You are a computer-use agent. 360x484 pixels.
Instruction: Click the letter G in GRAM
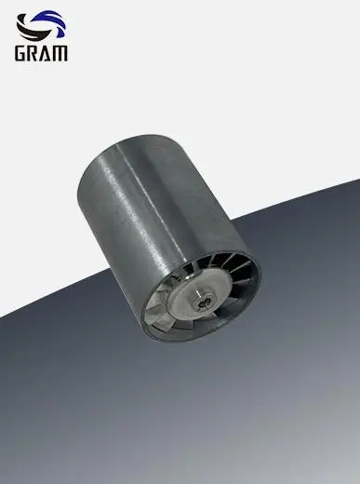[x=21, y=53]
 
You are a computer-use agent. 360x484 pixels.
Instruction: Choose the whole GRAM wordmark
[x=41, y=53]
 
